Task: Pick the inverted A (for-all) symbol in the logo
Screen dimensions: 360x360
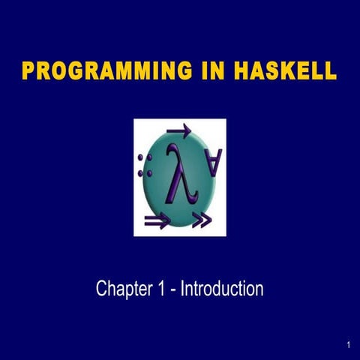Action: [214, 162]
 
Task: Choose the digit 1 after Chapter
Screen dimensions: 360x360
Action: [163, 289]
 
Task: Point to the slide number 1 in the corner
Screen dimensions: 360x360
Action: [349, 345]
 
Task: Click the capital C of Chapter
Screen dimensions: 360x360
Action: [101, 289]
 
